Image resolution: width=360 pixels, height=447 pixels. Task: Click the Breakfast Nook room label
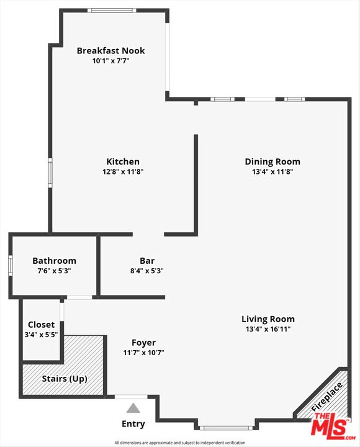point(110,50)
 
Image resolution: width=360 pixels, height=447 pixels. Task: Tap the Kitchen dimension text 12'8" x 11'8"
point(123,171)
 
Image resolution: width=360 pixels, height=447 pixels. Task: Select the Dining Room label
point(272,161)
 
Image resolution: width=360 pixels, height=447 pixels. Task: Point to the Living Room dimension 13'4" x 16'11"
point(268,329)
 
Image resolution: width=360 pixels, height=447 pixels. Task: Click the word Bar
point(147,261)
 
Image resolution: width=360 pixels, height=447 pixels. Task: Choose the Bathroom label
point(54,261)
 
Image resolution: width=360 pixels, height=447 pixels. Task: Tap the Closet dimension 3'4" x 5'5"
point(41,335)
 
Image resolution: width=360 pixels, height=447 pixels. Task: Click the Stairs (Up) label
point(65,379)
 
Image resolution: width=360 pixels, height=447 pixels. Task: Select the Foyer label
point(143,343)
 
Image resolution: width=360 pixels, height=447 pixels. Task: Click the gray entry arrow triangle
point(133,409)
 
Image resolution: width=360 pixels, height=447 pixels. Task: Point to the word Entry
point(133,424)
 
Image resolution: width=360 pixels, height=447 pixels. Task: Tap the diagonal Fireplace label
point(326,397)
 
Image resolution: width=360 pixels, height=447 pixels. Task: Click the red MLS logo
point(333,427)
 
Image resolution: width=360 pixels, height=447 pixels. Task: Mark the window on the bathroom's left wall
point(11,266)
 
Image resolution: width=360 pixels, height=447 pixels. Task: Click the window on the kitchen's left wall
point(50,173)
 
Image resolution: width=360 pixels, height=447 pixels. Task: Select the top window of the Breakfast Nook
point(112,11)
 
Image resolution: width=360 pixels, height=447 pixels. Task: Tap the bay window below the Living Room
point(226,428)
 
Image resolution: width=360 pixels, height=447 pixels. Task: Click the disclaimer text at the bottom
point(180,443)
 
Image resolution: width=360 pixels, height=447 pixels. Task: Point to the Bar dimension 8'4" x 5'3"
point(147,271)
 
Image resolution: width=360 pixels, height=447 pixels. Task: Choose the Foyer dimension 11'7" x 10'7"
point(143,353)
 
